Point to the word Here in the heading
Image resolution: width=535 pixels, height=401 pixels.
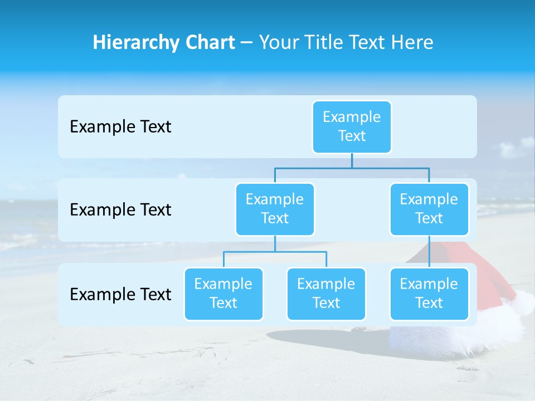tap(413, 42)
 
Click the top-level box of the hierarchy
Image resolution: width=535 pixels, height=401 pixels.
tap(352, 126)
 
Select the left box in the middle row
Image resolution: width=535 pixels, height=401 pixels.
tap(275, 209)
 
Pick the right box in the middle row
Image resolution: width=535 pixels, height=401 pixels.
tap(429, 209)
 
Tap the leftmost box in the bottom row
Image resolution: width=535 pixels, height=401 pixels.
tap(223, 294)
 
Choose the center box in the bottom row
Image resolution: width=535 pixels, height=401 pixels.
tap(326, 294)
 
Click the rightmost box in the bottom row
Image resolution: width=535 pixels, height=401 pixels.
tap(429, 294)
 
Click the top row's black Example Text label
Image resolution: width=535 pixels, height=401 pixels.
tap(120, 127)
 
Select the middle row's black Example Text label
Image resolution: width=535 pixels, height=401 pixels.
tap(120, 210)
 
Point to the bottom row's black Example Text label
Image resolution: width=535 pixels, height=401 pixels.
tap(120, 295)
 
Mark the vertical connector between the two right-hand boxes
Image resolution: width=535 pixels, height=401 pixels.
tap(429, 252)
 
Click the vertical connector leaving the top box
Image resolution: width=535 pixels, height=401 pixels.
tap(352, 160)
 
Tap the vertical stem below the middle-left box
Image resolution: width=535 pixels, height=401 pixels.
tap(275, 244)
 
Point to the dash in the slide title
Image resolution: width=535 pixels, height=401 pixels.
tap(247, 43)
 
